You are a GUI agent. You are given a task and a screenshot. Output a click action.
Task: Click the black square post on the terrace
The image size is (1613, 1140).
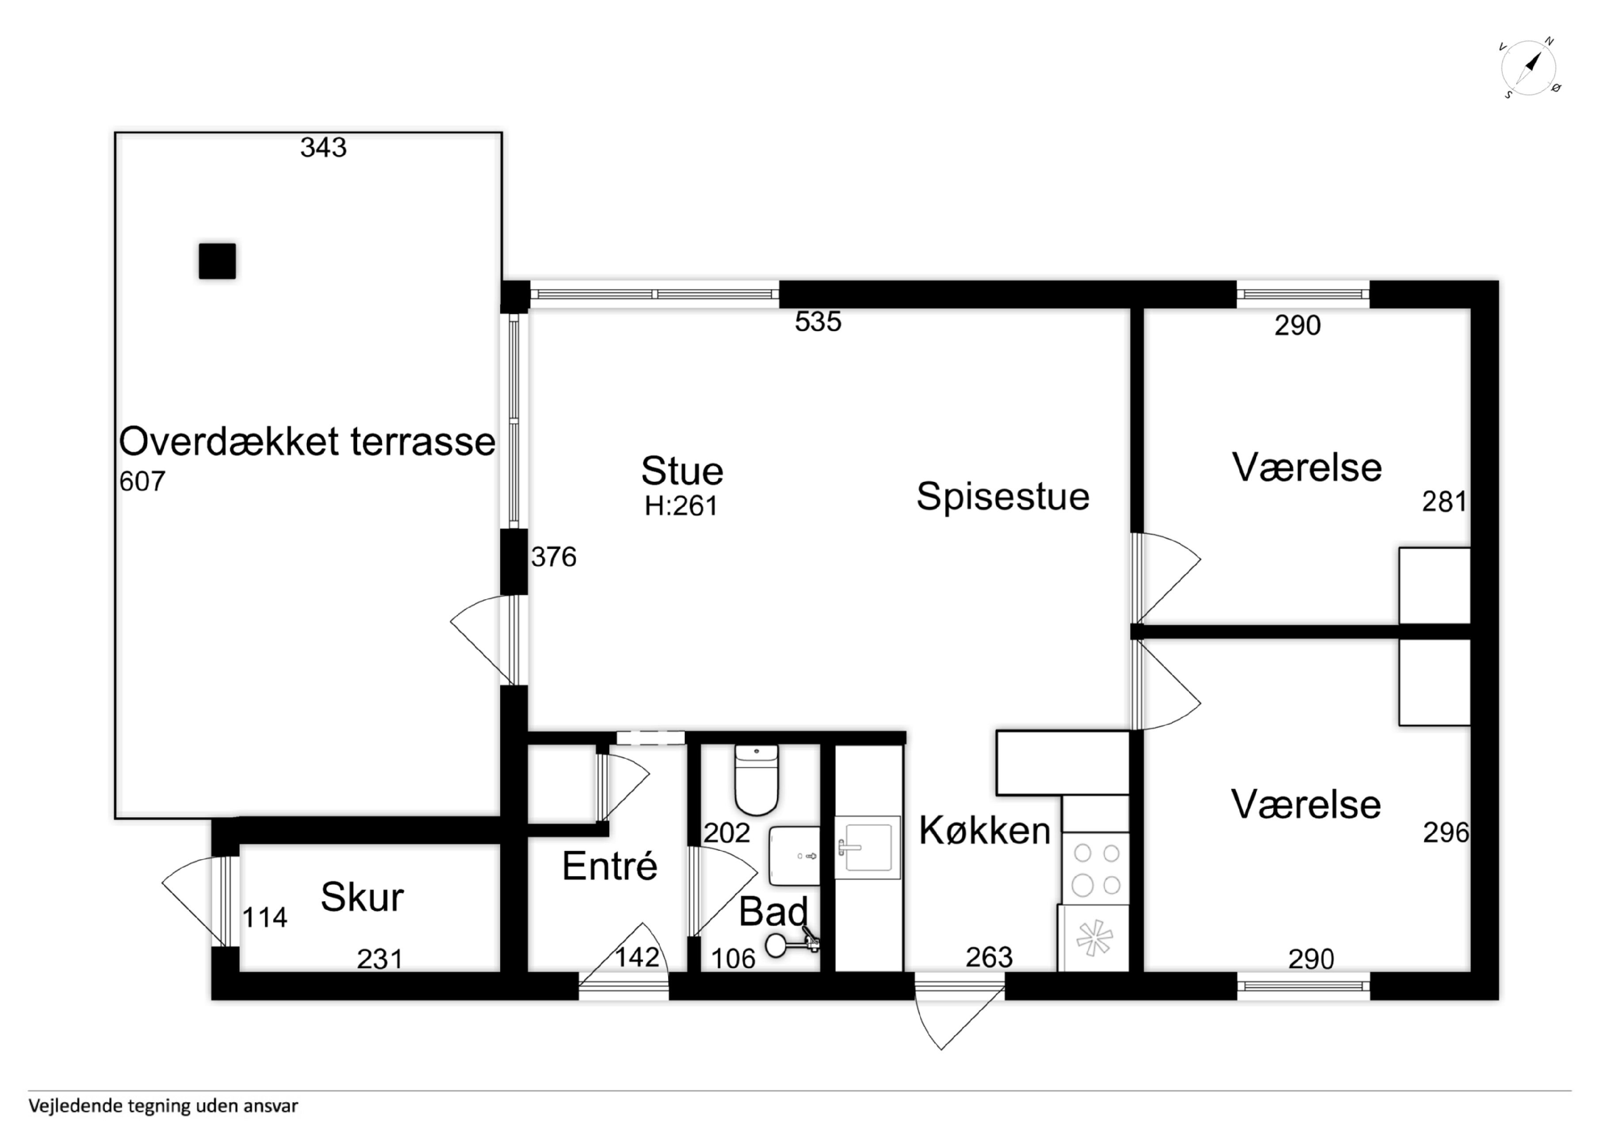[217, 261]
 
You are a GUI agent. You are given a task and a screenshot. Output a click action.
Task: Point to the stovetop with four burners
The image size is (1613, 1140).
[1096, 869]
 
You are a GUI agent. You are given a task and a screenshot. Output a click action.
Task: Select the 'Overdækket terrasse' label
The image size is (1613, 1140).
[307, 442]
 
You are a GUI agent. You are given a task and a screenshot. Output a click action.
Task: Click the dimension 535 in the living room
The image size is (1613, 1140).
[818, 322]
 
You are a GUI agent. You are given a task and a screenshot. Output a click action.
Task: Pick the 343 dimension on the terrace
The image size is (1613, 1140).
[323, 148]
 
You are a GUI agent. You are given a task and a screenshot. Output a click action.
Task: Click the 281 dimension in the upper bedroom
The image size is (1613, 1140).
[1445, 502]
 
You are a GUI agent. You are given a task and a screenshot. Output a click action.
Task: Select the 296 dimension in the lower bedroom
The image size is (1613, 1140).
[1446, 833]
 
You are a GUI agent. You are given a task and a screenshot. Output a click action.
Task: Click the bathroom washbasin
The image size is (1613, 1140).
[795, 855]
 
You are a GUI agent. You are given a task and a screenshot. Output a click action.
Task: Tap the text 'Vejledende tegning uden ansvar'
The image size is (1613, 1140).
[163, 1106]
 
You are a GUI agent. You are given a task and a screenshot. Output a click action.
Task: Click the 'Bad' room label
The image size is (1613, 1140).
[773, 912]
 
